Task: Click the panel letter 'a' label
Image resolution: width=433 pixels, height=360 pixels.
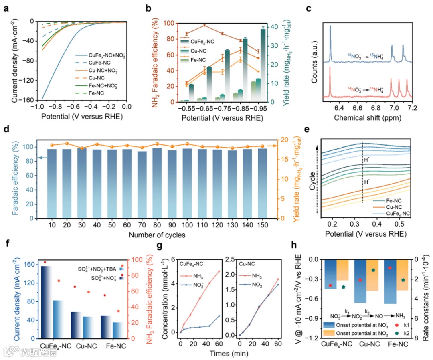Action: tap(6, 7)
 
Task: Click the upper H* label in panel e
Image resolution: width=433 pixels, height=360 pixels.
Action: tap(368, 158)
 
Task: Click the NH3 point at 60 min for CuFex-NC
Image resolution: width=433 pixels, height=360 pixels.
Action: tap(219, 271)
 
